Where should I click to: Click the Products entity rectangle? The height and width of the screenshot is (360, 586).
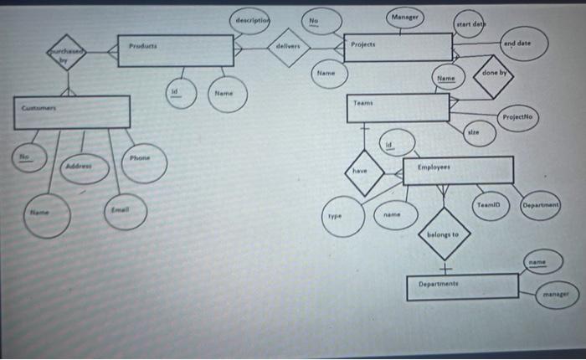pyautogui.click(x=175, y=50)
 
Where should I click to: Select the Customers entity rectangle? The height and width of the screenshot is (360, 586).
pyautogui.click(x=71, y=112)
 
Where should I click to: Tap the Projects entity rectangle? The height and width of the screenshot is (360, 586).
pyautogui.click(x=398, y=47)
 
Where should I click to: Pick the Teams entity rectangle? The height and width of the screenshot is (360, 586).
pyautogui.click(x=398, y=106)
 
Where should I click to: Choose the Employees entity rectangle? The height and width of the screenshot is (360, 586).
pyautogui.click(x=458, y=170)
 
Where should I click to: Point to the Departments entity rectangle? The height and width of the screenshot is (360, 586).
pyautogui.click(x=463, y=285)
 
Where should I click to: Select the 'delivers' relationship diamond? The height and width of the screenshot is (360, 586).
pyautogui.click(x=288, y=48)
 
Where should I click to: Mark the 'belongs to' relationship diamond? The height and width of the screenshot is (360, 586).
pyautogui.click(x=444, y=235)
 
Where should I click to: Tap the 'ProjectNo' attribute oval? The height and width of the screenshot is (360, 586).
pyautogui.click(x=518, y=117)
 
